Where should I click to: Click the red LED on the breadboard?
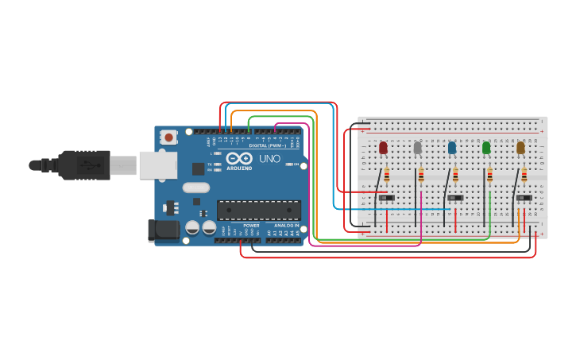(383, 148)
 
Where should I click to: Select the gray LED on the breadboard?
(417, 148)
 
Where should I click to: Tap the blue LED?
(452, 148)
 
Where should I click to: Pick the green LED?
(486, 148)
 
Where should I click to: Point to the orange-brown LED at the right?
(520, 148)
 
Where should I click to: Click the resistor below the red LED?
(387, 176)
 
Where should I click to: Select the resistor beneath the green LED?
(489, 176)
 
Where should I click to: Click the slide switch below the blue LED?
(455, 198)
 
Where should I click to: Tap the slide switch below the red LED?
(387, 198)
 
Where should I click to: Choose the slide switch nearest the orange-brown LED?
(524, 198)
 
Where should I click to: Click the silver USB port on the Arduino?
(157, 165)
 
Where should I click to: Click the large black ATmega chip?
(259, 210)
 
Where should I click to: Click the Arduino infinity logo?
(239, 157)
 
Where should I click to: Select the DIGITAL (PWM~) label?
(269, 145)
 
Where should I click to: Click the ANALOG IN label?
(287, 226)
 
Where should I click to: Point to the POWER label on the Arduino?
(251, 226)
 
